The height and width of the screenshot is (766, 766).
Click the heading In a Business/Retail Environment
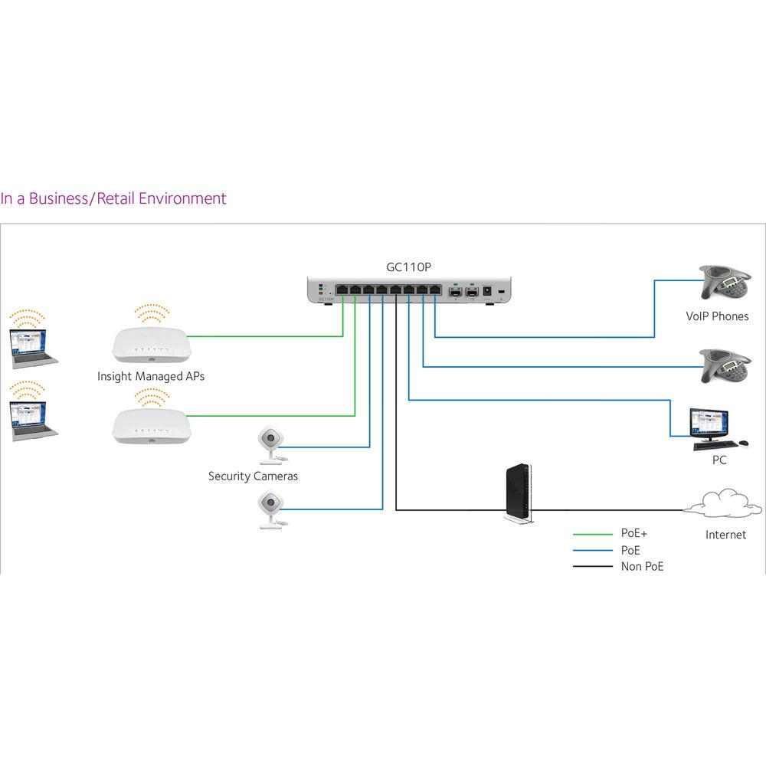[113, 198]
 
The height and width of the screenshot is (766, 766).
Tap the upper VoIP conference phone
[724, 284]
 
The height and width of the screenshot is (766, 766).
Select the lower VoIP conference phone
[724, 366]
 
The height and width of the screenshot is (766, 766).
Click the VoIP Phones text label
[717, 316]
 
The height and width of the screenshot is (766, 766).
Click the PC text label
[719, 460]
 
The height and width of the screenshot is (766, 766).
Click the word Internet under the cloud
[725, 535]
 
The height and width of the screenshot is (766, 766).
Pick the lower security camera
[270, 508]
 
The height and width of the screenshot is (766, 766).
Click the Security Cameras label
[253, 476]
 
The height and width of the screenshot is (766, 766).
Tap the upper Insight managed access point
[150, 344]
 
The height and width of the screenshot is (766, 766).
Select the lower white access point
[150, 424]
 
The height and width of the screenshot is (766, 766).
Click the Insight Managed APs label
[151, 377]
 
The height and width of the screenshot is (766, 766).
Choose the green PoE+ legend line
[591, 533]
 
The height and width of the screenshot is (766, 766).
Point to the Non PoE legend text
[643, 567]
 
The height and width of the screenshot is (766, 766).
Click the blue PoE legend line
[591, 550]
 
